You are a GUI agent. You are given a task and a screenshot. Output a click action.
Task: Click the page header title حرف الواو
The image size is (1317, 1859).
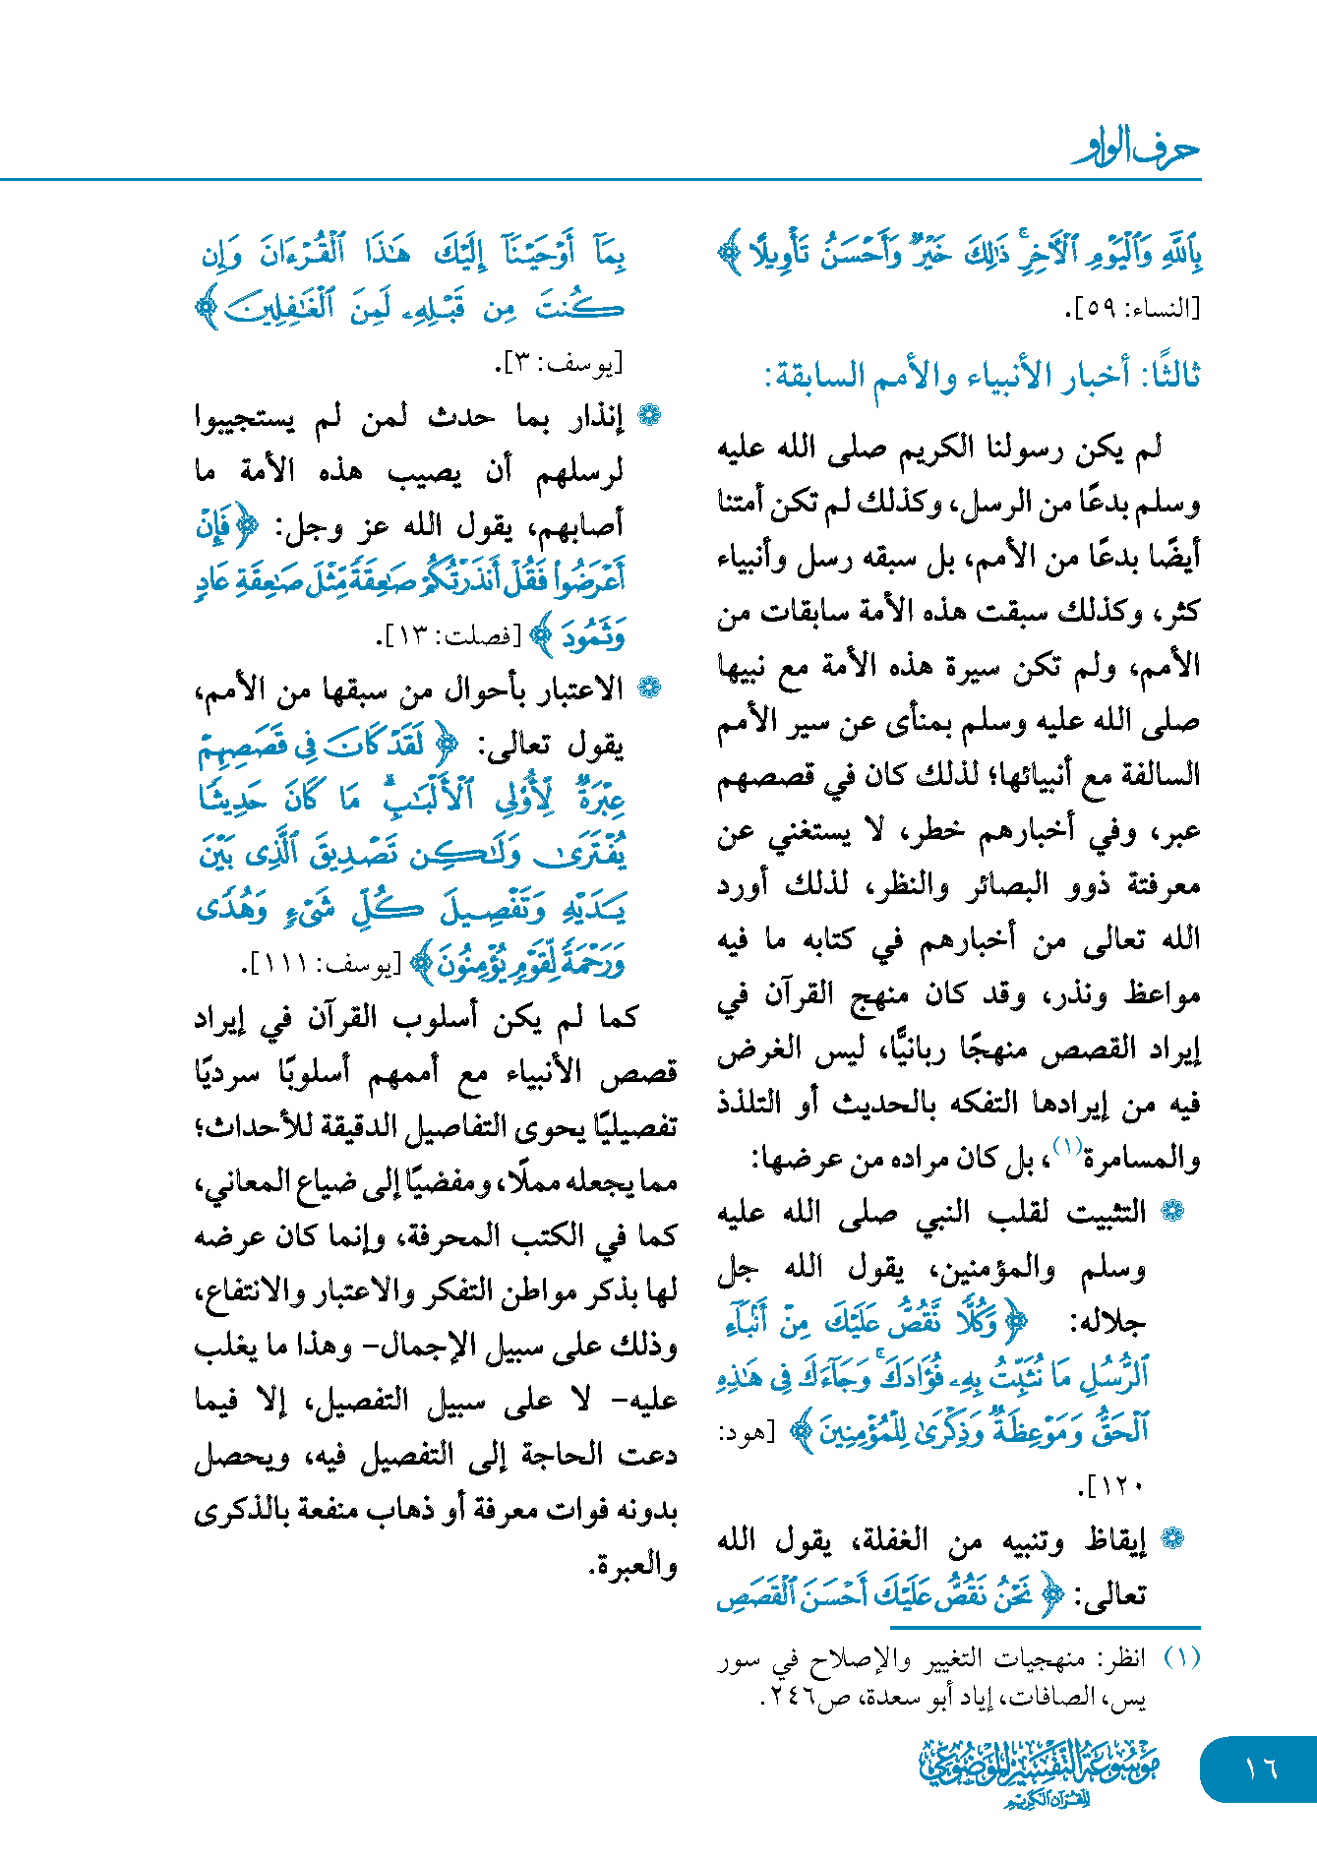[1136, 149]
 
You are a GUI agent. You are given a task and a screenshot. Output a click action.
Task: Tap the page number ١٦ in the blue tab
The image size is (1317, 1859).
[1260, 1769]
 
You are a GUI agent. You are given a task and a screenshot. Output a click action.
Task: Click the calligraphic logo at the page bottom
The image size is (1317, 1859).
[1040, 1770]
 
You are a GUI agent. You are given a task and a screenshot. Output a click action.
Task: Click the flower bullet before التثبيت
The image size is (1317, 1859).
[1172, 1212]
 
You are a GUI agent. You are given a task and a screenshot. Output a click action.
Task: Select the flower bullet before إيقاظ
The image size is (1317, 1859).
[1172, 1540]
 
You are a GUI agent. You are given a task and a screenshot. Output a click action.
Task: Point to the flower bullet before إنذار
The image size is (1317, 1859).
[648, 416]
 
